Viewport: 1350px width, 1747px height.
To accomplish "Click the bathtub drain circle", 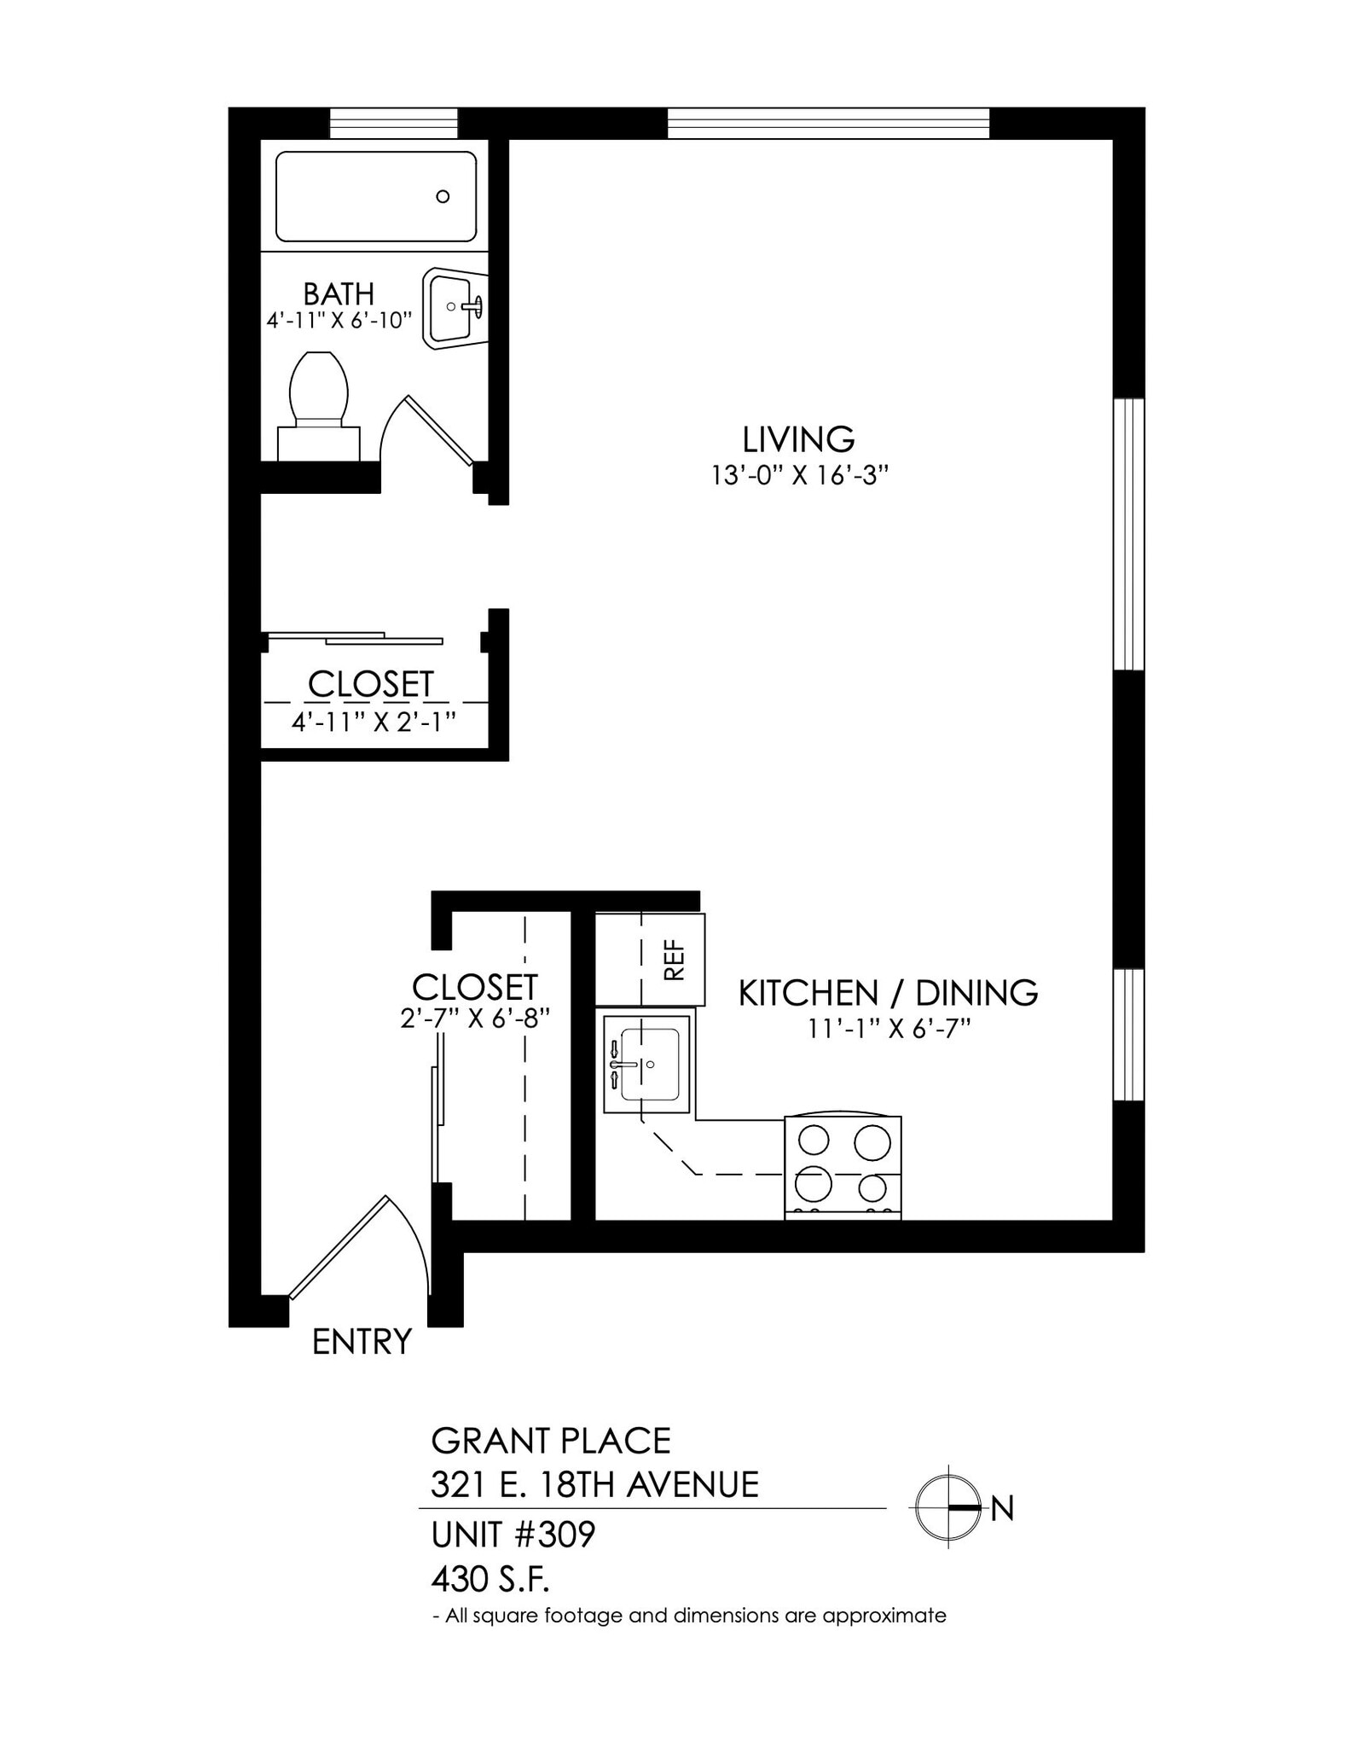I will pyautogui.click(x=443, y=196).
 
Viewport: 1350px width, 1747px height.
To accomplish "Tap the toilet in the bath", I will pyautogui.click(x=319, y=393).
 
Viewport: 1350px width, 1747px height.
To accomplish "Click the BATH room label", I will pyautogui.click(x=339, y=294).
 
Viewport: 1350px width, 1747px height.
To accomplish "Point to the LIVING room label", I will pyautogui.click(x=798, y=439).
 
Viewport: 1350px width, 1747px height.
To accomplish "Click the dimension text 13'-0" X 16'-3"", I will pyautogui.click(x=800, y=475).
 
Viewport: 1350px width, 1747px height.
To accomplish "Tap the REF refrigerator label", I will pyautogui.click(x=674, y=960).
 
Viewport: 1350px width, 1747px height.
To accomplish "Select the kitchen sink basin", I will pyautogui.click(x=650, y=1065).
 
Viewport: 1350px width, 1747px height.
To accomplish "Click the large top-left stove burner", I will pyautogui.click(x=812, y=1141).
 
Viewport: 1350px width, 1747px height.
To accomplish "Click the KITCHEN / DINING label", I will pyautogui.click(x=888, y=993).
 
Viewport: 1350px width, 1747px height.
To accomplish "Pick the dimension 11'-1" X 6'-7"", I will pyautogui.click(x=890, y=1030).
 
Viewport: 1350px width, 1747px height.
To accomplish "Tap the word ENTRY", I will pyautogui.click(x=362, y=1342).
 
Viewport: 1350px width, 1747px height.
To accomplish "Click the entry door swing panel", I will pyautogui.click(x=339, y=1248).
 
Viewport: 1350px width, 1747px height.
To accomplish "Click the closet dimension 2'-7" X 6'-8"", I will pyautogui.click(x=474, y=1019).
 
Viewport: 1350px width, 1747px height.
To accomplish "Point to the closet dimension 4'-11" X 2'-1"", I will pyautogui.click(x=374, y=722).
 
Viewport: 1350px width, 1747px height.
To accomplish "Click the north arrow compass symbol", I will pyautogui.click(x=949, y=1508).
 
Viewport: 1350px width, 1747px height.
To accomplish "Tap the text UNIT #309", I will pyautogui.click(x=513, y=1535).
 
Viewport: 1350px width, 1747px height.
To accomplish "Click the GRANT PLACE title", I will pyautogui.click(x=551, y=1441).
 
